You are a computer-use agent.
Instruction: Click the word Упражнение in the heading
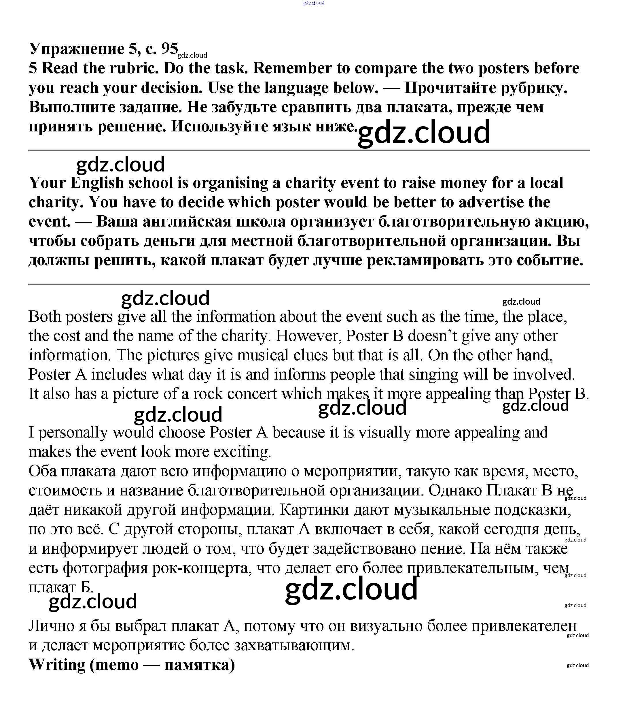(76, 49)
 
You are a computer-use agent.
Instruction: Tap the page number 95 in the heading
(169, 49)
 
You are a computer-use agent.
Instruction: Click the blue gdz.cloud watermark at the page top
(313, 3)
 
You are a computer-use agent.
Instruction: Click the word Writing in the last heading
(57, 665)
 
